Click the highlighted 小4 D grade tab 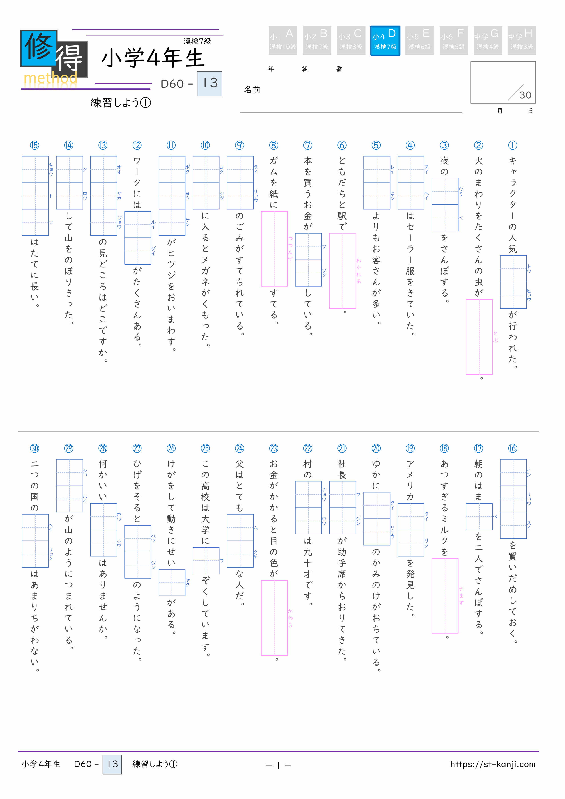coord(385,40)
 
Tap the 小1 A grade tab coord(283,40)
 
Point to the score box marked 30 coord(503,83)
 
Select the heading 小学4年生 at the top coord(153,58)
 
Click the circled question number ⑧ coord(274,145)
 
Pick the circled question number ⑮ coord(34,145)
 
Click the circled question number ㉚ coord(34,448)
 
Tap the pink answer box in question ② coord(479,337)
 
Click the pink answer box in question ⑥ coord(343,271)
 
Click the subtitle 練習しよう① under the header coord(121,103)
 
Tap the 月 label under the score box coord(500,111)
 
